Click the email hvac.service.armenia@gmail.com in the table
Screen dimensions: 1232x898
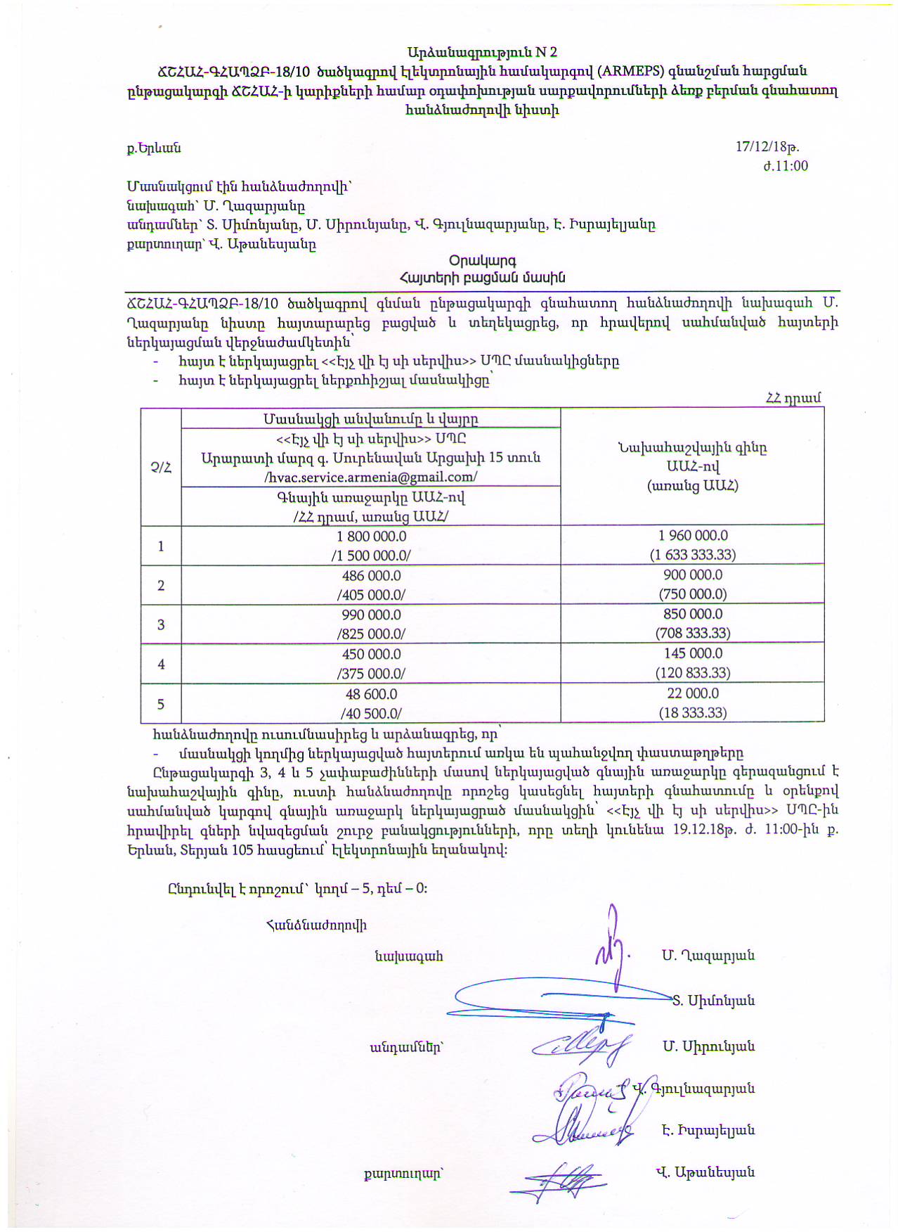[x=371, y=477]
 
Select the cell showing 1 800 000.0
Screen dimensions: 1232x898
[x=371, y=536]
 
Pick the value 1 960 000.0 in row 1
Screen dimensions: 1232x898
[x=693, y=536]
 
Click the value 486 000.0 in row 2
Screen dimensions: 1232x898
[x=371, y=575]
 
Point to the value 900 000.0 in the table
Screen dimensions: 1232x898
[x=693, y=575]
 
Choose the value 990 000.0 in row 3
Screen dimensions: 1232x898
[x=371, y=615]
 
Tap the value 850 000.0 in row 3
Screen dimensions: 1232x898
[x=693, y=614]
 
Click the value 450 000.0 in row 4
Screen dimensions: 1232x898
[x=371, y=654]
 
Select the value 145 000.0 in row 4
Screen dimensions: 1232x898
[x=693, y=653]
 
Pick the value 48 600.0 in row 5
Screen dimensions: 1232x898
[x=371, y=694]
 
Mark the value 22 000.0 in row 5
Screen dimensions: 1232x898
[x=693, y=693]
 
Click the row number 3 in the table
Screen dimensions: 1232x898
[x=161, y=624]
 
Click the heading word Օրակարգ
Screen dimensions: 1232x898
[x=482, y=261]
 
